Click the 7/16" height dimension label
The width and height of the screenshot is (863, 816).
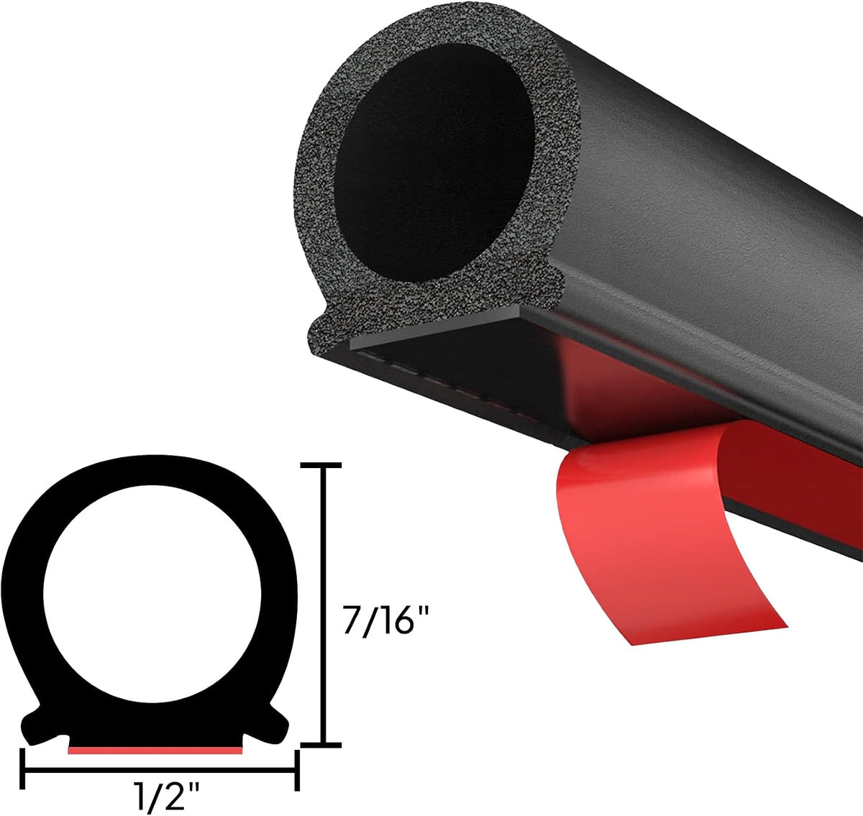[x=385, y=620]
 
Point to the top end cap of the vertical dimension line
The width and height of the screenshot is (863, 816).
[x=321, y=465]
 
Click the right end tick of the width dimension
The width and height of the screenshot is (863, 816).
[x=297, y=771]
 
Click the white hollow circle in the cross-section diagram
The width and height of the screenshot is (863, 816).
[x=152, y=595]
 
